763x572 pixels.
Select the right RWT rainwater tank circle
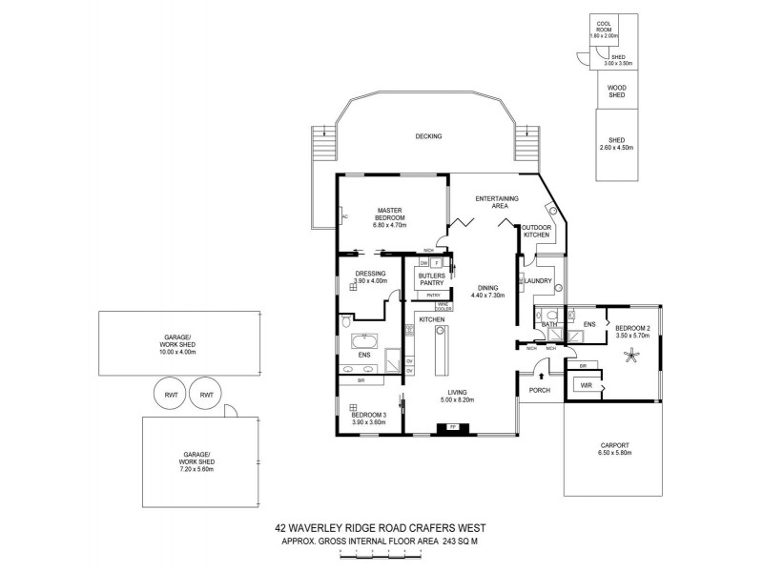click(x=204, y=393)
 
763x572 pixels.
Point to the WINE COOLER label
click(x=443, y=306)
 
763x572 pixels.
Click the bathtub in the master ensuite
click(x=364, y=339)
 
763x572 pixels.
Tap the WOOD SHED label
click(x=617, y=91)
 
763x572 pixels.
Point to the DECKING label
click(x=428, y=136)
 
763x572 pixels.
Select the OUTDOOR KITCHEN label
click(x=536, y=231)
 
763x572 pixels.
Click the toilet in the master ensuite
click(x=344, y=326)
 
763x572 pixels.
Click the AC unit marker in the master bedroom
click(x=343, y=217)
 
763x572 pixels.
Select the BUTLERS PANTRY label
click(x=430, y=278)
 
